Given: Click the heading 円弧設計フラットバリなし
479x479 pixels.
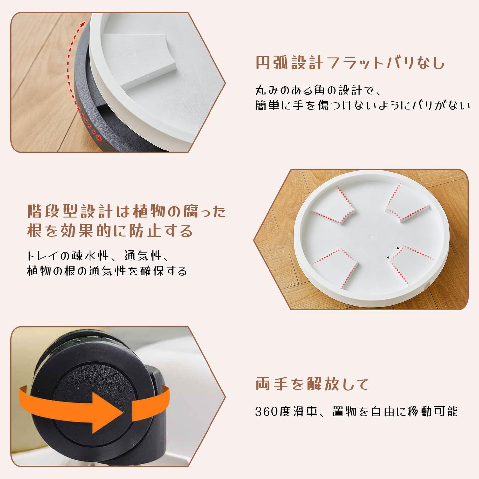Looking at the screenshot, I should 350,63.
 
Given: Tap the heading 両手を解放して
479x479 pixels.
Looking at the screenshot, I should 312,384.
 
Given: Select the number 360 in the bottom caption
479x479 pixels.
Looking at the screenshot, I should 267,412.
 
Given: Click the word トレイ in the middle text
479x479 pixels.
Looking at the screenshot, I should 43,256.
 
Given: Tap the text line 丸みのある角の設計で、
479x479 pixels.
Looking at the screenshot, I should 318,90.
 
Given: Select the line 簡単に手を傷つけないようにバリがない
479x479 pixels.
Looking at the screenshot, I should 363,105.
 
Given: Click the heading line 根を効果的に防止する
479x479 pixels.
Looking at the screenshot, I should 110,231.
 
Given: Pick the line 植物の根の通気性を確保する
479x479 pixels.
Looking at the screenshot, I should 107,271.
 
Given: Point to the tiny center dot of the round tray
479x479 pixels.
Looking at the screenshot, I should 372,237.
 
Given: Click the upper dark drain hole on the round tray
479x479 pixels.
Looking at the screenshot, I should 397,248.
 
